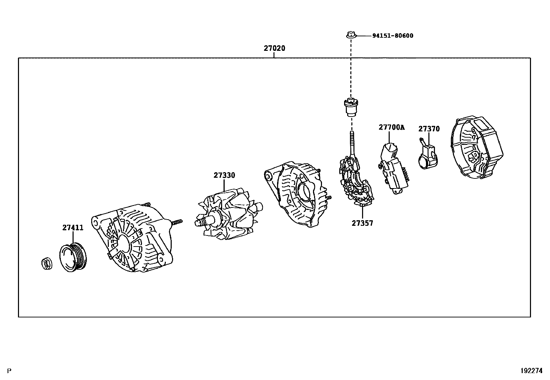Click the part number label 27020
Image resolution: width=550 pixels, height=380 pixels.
pyautogui.click(x=274, y=48)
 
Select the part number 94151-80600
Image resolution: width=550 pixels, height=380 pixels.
pyautogui.click(x=392, y=36)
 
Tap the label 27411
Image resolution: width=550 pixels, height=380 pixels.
pyautogui.click(x=73, y=228)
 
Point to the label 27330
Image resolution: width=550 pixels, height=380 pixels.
pyautogui.click(x=224, y=175)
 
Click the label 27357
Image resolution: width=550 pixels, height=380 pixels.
pyautogui.click(x=362, y=223)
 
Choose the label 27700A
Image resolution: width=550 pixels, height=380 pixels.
pyautogui.click(x=391, y=127)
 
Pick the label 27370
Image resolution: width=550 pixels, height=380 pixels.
pyautogui.click(x=429, y=129)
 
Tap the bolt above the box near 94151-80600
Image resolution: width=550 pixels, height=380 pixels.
pyautogui.click(x=351, y=35)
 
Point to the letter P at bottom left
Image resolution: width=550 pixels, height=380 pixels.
pyautogui.click(x=9, y=371)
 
